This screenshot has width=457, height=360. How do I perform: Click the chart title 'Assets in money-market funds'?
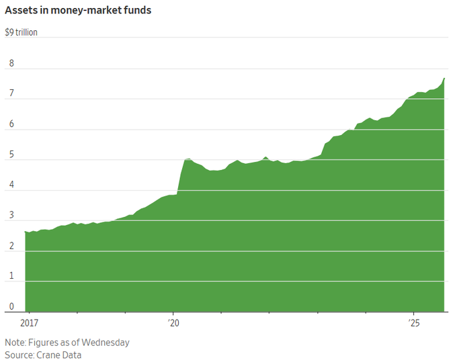point(78,10)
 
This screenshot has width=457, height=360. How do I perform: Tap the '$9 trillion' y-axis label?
point(22,33)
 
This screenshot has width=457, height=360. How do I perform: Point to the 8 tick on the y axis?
point(11,64)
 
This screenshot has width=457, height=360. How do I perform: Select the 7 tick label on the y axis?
point(11,94)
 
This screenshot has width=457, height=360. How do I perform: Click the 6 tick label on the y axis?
point(11,125)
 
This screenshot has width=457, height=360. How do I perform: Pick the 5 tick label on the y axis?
point(11,155)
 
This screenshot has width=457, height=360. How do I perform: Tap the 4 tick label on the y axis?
point(11,185)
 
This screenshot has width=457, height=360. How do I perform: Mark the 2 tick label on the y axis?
point(11,246)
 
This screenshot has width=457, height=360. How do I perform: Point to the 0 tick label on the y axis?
point(11,307)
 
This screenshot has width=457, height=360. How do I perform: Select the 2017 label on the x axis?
point(29,323)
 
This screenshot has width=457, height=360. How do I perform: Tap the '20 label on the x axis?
point(174,323)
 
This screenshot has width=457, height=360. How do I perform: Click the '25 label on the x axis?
point(414,323)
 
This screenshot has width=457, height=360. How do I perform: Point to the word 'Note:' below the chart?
point(17,343)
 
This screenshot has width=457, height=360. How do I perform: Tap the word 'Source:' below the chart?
point(20,355)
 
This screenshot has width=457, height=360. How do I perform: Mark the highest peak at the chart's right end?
point(445,79)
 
